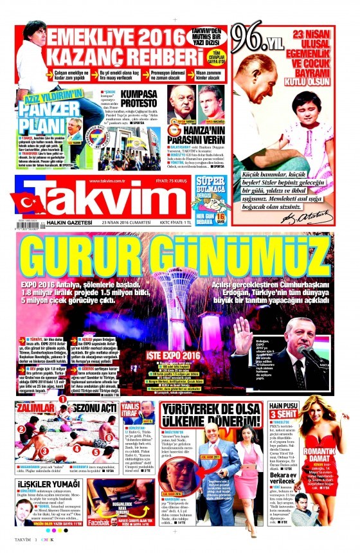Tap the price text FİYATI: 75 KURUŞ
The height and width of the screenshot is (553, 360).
tap(174, 181)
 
